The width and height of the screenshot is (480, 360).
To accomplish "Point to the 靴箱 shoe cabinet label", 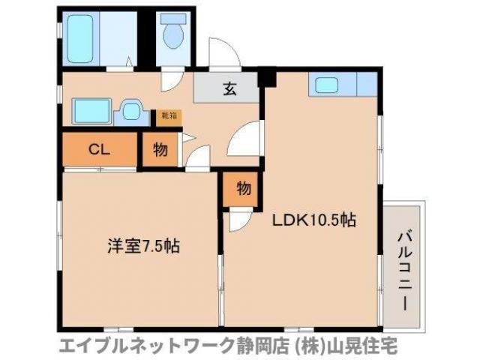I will [168, 116].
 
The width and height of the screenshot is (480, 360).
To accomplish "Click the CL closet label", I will [100, 149].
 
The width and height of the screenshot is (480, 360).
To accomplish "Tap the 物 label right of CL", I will [160, 149].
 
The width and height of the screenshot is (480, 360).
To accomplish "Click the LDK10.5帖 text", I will [313, 220].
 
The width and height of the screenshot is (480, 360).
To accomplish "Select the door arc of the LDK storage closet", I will [238, 219].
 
